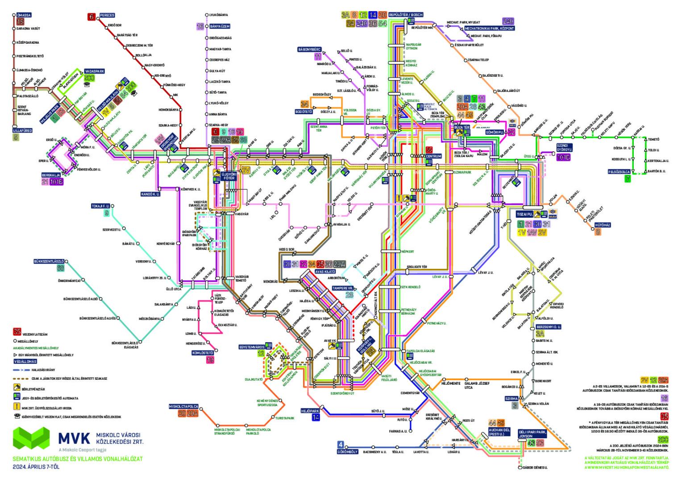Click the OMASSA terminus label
(x=24, y=15)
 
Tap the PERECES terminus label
(x=107, y=16)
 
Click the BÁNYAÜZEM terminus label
(x=220, y=26)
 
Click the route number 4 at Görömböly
(x=341, y=445)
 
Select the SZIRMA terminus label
(x=511, y=399)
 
